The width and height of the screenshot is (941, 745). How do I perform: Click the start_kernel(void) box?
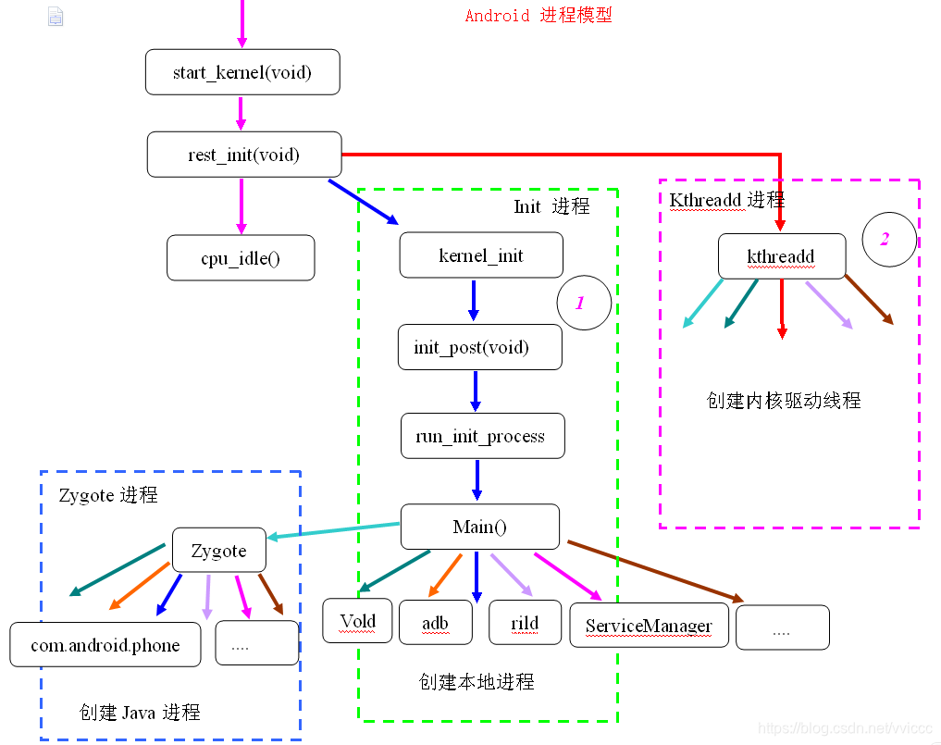pyautogui.click(x=242, y=72)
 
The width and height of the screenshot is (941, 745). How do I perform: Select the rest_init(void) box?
pyautogui.click(x=244, y=155)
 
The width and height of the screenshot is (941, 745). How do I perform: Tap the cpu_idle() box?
pyautogui.click(x=241, y=257)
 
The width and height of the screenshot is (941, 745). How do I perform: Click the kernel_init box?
pyautogui.click(x=481, y=255)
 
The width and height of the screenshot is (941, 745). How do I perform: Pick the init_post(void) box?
pyautogui.click(x=479, y=347)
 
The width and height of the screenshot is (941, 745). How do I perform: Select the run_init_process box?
pyautogui.click(x=482, y=436)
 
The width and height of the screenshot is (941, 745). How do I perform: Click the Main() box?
pyautogui.click(x=479, y=527)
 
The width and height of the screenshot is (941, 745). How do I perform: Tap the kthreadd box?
pyautogui.click(x=781, y=255)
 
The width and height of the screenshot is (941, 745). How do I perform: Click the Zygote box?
pyautogui.click(x=219, y=551)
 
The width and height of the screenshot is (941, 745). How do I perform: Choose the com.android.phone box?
pyautogui.click(x=105, y=644)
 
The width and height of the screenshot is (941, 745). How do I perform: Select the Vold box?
pyautogui.click(x=357, y=620)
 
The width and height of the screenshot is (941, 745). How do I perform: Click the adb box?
pyautogui.click(x=435, y=622)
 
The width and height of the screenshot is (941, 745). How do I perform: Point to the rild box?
pyautogui.click(x=525, y=622)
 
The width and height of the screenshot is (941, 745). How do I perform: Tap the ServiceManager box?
pyautogui.click(x=649, y=626)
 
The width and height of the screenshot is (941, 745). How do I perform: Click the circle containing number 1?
pyautogui.click(x=584, y=303)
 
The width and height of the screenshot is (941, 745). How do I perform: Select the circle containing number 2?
pyautogui.click(x=888, y=239)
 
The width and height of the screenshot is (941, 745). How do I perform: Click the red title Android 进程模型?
pyautogui.click(x=538, y=16)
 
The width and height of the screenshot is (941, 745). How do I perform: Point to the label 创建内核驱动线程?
pyautogui.click(x=784, y=400)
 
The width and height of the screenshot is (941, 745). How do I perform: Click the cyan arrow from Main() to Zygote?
pyautogui.click(x=333, y=530)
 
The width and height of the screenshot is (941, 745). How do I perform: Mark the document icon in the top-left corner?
pyautogui.click(x=56, y=16)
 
